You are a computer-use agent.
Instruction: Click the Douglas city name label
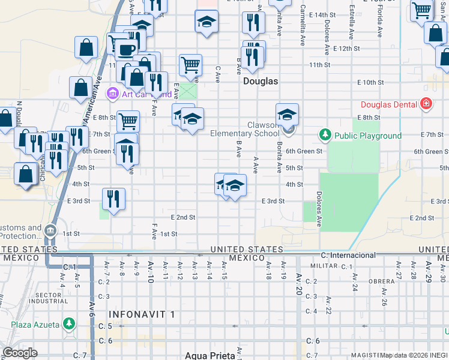(x=260, y=81)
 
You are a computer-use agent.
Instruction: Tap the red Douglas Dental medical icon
(x=426, y=104)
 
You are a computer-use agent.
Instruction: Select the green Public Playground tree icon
(x=325, y=135)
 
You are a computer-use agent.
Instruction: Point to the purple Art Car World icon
(x=112, y=93)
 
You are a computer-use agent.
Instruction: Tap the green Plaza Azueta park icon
(x=70, y=325)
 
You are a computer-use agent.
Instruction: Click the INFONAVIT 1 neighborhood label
(x=142, y=314)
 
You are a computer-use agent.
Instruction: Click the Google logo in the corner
(x=20, y=352)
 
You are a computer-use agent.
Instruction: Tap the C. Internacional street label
(x=348, y=255)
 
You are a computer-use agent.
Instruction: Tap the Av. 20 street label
(x=299, y=287)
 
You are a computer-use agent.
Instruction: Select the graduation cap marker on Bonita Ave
(x=287, y=114)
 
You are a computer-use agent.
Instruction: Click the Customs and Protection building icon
(x=50, y=230)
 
